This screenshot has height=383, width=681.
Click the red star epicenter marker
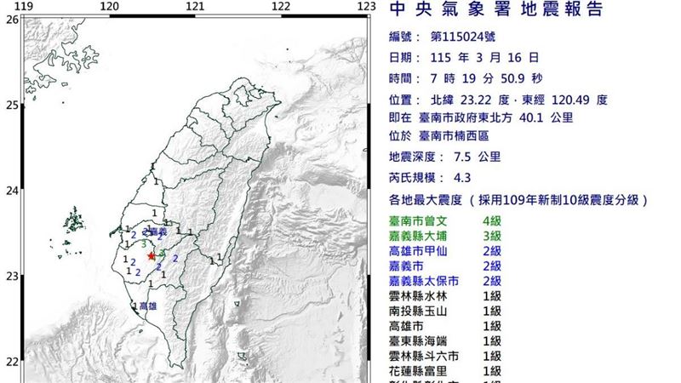coord(152,255)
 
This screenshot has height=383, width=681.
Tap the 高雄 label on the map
coord(147,306)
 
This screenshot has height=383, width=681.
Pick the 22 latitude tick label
coord(11,361)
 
